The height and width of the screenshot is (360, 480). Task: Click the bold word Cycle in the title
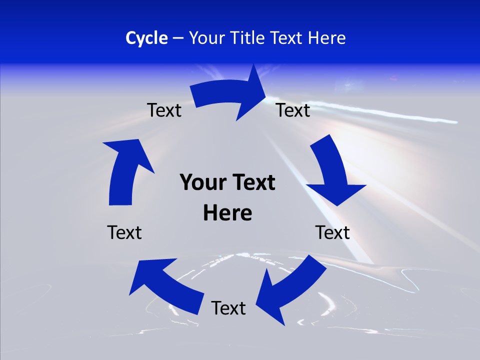pyautogui.click(x=146, y=38)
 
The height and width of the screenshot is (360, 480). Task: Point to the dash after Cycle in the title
pyautogui.click(x=178, y=38)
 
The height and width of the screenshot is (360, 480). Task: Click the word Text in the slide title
pyautogui.click(x=287, y=38)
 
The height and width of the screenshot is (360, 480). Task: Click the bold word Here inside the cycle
pyautogui.click(x=227, y=213)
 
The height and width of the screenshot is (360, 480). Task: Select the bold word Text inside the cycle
pyautogui.click(x=253, y=183)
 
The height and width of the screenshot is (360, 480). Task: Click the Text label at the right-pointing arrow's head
pyautogui.click(x=293, y=110)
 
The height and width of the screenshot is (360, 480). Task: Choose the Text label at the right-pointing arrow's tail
pyautogui.click(x=164, y=110)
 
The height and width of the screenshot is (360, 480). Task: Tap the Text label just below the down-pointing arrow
pyautogui.click(x=332, y=232)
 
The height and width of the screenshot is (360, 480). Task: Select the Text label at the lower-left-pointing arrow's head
pyautogui.click(x=228, y=308)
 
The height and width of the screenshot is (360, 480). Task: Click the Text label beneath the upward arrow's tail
pyautogui.click(x=124, y=232)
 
